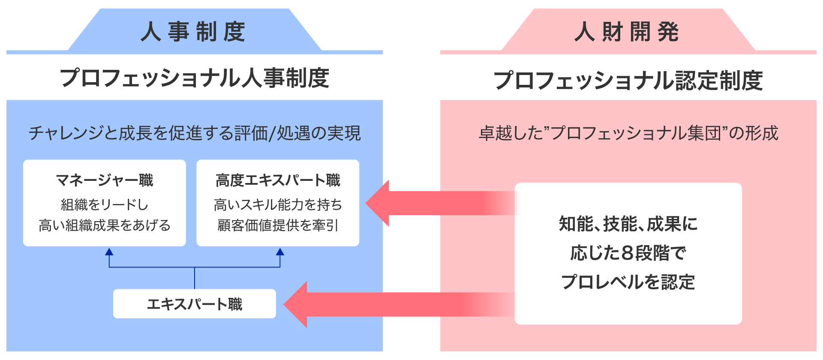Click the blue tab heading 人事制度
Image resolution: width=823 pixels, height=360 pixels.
pyautogui.click(x=194, y=32)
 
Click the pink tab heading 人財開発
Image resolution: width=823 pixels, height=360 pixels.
pyautogui.click(x=628, y=32)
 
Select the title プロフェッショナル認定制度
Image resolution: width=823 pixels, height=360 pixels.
pyautogui.click(x=628, y=80)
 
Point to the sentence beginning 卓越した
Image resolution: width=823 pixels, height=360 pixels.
pyautogui.click(x=628, y=133)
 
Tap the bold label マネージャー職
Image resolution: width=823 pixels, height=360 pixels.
pyautogui.click(x=105, y=180)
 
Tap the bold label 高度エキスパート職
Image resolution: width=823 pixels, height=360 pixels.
pyautogui.click(x=278, y=180)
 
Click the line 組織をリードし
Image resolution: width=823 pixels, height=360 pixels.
pyautogui.click(x=105, y=205)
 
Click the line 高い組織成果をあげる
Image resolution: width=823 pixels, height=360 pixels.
pyautogui.click(x=105, y=225)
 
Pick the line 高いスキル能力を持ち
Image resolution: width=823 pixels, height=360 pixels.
pyautogui.click(x=278, y=205)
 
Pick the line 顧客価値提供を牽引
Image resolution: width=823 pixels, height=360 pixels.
pyautogui.click(x=278, y=225)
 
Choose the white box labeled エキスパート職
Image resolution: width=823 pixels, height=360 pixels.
pyautogui.click(x=195, y=304)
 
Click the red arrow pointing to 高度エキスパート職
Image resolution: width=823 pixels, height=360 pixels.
pyautogui.click(x=429, y=203)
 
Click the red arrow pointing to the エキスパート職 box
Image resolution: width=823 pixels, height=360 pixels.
pyautogui.click(x=386, y=304)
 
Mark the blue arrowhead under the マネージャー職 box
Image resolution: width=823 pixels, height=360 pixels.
pyautogui.click(x=109, y=252)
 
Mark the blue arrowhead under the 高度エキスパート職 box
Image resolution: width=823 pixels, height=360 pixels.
pyautogui.click(x=280, y=252)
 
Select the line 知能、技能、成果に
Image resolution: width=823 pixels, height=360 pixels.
pyautogui.click(x=628, y=224)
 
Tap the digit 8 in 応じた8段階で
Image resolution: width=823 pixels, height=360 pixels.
pyautogui.click(x=627, y=253)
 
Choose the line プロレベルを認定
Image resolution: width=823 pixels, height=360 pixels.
pyautogui.click(x=628, y=282)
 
